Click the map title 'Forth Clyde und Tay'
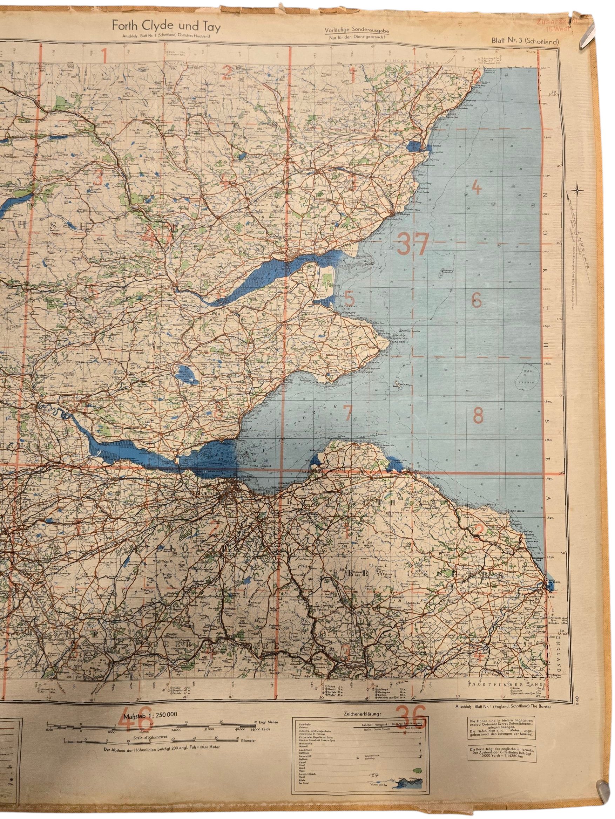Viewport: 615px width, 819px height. click(x=166, y=27)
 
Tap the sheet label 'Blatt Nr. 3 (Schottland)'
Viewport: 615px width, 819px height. click(x=525, y=41)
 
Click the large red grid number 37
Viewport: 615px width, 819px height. click(x=412, y=244)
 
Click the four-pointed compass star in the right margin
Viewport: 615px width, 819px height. click(x=577, y=191)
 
